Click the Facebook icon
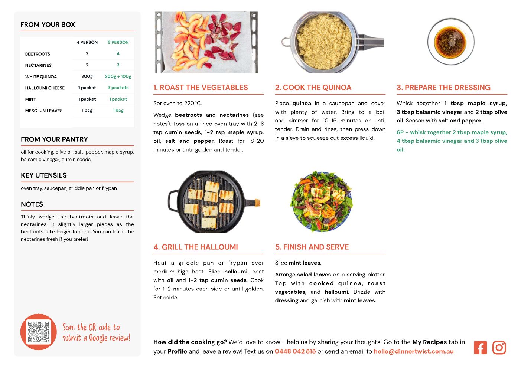pos(480,348)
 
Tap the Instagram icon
pos(499,348)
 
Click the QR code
pos(38,332)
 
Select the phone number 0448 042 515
pos(295,351)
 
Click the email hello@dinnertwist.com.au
pos(414,351)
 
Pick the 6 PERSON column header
pos(118,42)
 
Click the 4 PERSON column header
pos(87,42)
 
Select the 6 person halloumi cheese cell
pos(118,88)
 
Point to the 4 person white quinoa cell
pos(87,76)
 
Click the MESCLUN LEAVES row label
pos(44,111)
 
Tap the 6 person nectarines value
pos(118,65)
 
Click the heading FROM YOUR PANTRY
pos(54,139)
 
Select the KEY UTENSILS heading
pos(44,175)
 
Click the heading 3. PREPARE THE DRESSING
pos(443,87)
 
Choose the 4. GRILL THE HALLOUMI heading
pos(196,247)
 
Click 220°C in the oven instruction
pos(192,103)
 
